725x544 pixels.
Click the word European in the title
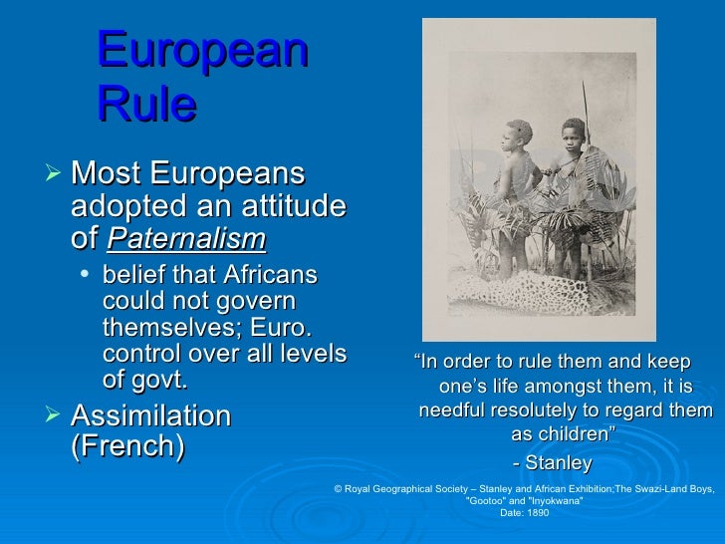(x=203, y=51)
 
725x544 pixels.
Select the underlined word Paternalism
(x=186, y=239)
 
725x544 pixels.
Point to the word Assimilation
(x=151, y=415)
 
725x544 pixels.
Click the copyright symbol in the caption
(x=340, y=490)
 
